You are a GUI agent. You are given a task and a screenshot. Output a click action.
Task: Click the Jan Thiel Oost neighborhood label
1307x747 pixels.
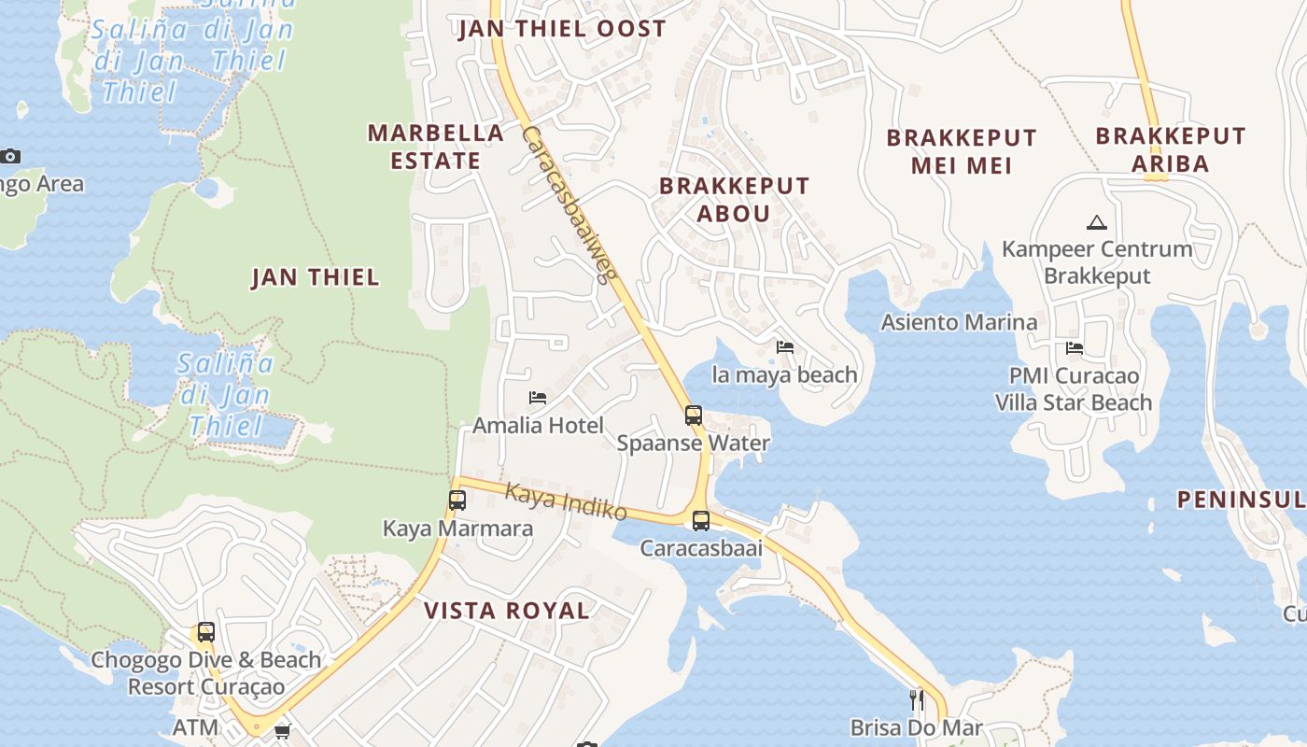[562, 29]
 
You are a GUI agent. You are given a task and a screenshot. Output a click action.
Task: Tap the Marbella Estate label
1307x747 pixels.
[436, 147]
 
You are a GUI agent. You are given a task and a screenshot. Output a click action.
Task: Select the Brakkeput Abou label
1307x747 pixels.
[734, 199]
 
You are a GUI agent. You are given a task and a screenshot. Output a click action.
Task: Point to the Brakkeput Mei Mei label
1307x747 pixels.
[962, 151]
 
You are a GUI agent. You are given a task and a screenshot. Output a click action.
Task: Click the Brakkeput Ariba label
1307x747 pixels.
[1171, 149]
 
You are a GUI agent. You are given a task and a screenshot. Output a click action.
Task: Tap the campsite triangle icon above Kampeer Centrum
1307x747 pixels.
[1097, 222]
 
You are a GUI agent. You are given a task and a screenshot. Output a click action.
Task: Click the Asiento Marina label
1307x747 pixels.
[960, 322]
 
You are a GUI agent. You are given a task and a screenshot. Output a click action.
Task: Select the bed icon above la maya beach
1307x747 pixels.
[785, 347]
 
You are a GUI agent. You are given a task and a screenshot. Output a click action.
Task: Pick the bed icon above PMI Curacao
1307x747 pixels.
[1075, 348]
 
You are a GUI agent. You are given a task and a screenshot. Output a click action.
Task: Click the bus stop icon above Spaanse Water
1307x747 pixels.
[694, 416]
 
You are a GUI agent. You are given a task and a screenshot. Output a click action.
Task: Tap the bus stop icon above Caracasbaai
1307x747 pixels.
[701, 520]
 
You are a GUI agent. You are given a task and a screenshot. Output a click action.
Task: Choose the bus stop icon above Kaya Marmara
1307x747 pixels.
[457, 500]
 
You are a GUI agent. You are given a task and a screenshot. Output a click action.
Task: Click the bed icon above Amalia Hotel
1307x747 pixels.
[538, 398]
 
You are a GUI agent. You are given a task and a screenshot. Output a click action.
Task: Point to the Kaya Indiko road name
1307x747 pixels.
[566, 501]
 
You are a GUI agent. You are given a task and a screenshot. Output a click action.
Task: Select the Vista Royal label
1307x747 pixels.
[507, 611]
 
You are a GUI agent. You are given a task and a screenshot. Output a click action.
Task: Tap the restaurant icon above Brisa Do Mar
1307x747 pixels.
[917, 699]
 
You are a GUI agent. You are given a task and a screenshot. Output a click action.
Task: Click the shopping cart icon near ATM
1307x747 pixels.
[282, 731]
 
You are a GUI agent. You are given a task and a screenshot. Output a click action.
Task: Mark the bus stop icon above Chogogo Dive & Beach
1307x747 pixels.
[206, 632]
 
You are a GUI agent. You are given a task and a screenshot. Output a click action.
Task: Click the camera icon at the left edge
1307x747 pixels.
[10, 156]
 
